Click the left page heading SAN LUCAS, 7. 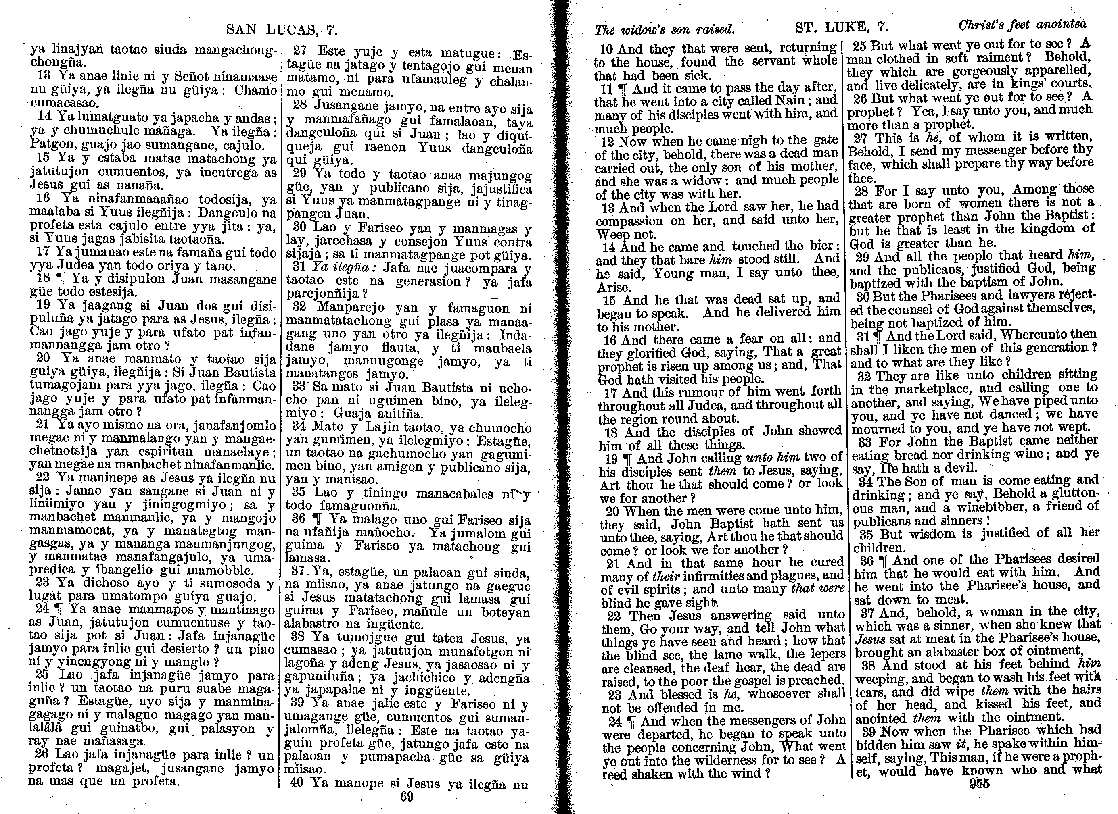coord(282,30)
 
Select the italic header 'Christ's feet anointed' coord(1022,25)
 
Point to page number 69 coord(406,797)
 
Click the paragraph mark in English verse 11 coord(623,89)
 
